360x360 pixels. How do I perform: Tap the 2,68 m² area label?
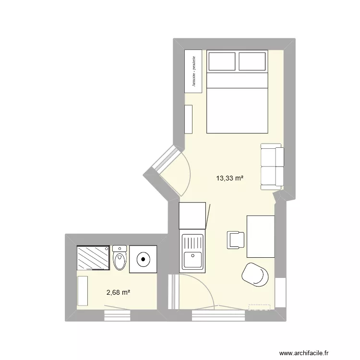click(118, 292)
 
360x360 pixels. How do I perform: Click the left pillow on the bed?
click(221, 61)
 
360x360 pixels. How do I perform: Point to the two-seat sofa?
click(272, 166)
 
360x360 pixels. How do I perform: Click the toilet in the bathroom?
click(120, 258)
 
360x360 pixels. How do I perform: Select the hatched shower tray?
click(94, 258)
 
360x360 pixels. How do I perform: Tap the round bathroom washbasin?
click(143, 260)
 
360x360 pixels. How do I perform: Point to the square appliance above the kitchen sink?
click(192, 216)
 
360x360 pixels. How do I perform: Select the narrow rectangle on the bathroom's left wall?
click(83, 290)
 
